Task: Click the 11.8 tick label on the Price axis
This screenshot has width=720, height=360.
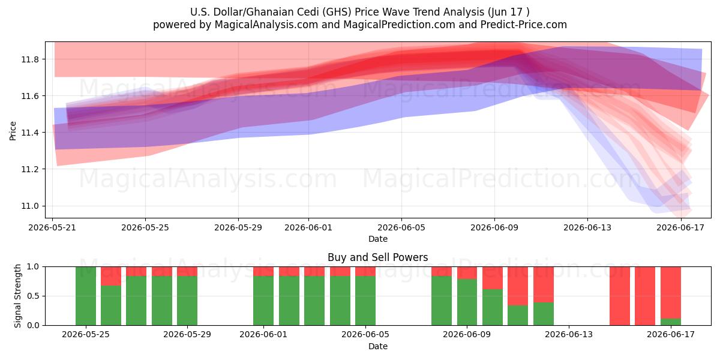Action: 30,59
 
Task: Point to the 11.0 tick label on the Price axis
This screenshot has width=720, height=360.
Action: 30,206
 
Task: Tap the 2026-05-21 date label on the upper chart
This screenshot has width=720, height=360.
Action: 52,227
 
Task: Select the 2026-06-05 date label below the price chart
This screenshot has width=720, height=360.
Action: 401,227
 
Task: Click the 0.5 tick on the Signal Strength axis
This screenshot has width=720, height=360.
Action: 33,296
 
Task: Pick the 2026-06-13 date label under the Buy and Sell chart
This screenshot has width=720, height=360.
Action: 569,334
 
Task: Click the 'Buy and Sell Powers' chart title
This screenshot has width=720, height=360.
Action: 377,257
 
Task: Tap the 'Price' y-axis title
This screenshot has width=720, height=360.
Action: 13,131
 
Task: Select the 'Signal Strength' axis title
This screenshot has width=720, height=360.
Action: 17,296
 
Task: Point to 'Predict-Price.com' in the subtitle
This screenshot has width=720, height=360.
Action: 524,25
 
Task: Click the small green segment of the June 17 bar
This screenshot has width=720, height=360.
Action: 671,322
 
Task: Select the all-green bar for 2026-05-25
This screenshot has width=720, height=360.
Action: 86,296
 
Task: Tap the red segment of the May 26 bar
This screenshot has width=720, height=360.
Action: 111,276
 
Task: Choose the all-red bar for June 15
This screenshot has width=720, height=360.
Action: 620,296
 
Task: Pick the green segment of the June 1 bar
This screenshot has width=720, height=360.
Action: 263,301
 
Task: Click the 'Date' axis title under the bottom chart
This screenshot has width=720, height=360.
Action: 377,346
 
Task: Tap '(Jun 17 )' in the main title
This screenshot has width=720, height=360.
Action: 509,12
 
